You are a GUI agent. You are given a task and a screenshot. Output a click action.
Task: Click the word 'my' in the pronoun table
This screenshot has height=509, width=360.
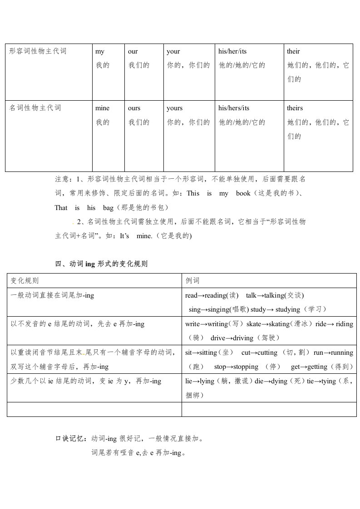pyautogui.click(x=100, y=52)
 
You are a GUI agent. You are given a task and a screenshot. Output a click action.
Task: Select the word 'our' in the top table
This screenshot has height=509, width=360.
pyautogui.click(x=133, y=52)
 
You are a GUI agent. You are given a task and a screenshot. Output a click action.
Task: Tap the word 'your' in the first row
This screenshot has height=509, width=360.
pyautogui.click(x=173, y=52)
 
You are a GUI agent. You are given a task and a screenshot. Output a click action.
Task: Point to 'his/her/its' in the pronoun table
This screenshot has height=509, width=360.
pyautogui.click(x=232, y=52)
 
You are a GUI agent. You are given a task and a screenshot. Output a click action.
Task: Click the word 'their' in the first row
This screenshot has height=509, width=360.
pyautogui.click(x=293, y=52)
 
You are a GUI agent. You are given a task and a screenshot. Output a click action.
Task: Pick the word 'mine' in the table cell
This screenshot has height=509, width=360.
pyautogui.click(x=103, y=108)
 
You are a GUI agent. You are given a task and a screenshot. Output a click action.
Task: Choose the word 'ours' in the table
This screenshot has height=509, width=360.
pyautogui.click(x=134, y=108)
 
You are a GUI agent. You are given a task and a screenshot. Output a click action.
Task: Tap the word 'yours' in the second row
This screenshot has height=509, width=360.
pyautogui.click(x=175, y=108)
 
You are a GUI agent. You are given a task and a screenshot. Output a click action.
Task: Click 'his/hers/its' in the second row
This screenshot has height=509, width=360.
pyautogui.click(x=234, y=108)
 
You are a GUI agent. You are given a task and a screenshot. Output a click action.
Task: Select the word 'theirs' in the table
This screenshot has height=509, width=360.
pyautogui.click(x=295, y=108)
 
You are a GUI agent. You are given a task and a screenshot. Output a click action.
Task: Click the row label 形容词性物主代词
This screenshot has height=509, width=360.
pyautogui.click(x=38, y=51)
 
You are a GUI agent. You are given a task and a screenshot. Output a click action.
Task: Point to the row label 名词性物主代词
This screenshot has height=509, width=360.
pyautogui.click(x=35, y=108)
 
